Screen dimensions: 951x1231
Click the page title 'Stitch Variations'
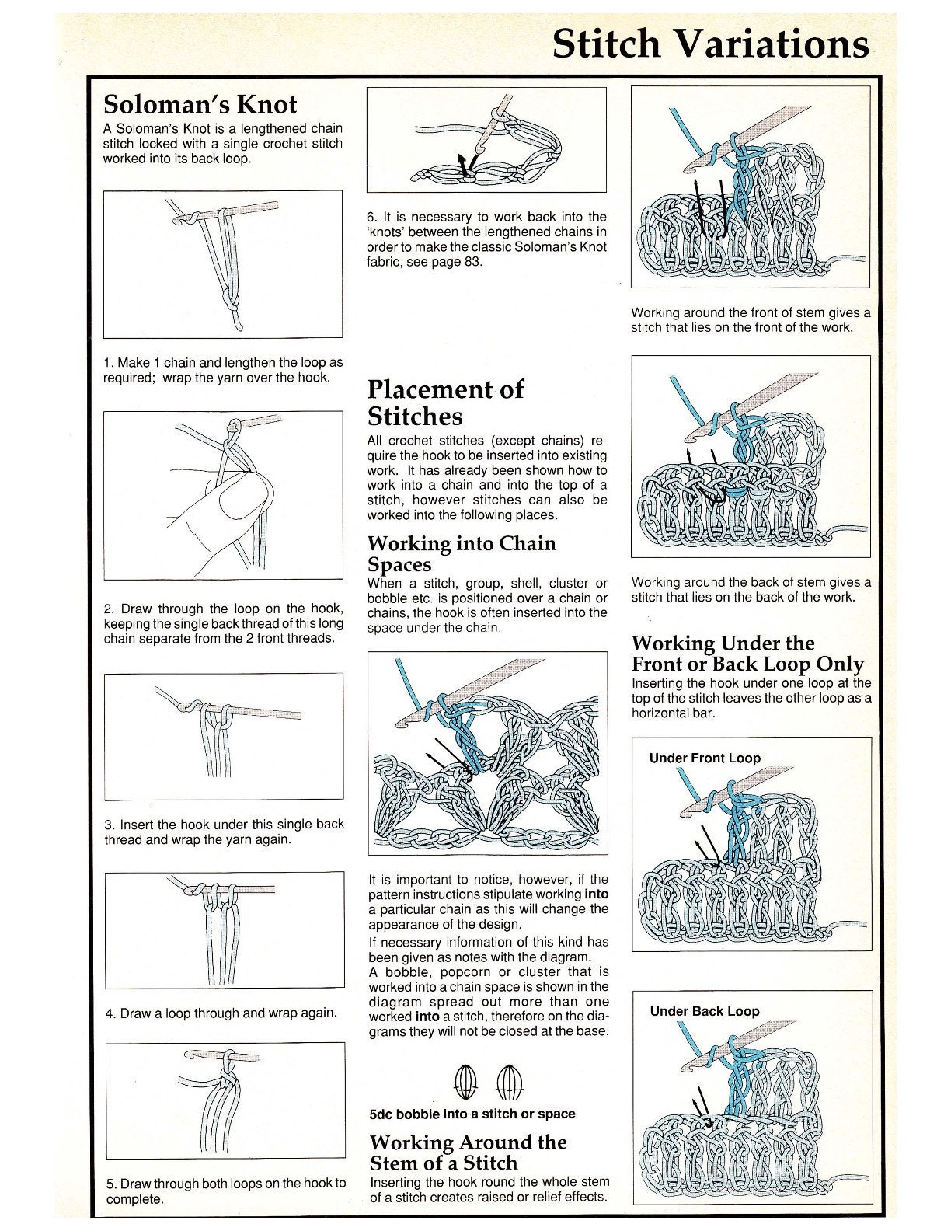tap(710, 44)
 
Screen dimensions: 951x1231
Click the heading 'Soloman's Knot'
tap(200, 104)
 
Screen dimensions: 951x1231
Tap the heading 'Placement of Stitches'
tap(445, 403)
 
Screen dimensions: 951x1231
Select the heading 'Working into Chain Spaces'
tap(462, 553)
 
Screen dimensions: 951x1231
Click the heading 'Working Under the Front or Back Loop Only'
tap(747, 653)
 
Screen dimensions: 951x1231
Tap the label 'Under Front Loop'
tap(705, 758)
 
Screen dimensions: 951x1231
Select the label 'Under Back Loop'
tap(704, 1011)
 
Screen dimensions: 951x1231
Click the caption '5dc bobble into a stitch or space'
tap(472, 1114)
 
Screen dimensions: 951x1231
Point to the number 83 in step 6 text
tap(472, 263)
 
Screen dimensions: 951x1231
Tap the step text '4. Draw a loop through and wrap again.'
tap(221, 1013)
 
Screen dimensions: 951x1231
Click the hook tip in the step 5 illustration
tap(188, 1053)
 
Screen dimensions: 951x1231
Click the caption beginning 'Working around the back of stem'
tap(751, 589)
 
